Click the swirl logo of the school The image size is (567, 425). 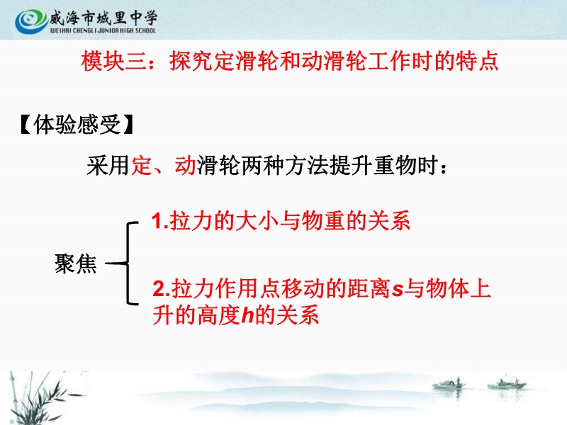30,21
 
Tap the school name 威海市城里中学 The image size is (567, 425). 103,18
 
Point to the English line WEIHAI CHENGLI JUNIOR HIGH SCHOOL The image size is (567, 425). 103,30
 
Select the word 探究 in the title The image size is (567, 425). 191,61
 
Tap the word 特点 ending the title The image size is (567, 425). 477,61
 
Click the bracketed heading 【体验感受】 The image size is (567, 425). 77,125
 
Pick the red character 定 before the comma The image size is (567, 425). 142,166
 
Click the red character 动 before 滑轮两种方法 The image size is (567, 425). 186,166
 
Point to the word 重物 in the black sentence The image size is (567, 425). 395,166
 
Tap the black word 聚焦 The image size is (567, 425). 76,263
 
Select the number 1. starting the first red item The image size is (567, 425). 160,220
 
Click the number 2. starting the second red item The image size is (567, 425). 162,289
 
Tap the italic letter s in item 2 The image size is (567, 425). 398,290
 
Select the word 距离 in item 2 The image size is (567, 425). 369,289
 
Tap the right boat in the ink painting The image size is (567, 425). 506,384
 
